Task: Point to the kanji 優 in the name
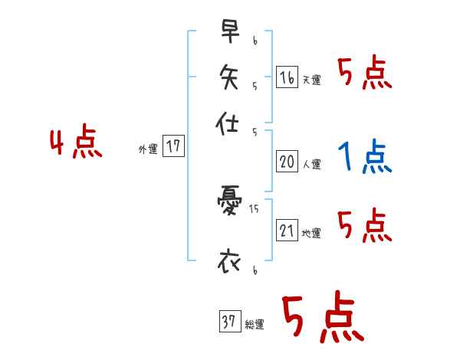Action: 229,205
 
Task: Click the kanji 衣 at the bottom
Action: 229,260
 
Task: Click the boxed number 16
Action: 287,78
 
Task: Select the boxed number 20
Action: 287,162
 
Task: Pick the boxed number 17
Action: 174,147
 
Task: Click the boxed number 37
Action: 228,322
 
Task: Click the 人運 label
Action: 310,164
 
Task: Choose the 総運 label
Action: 254,325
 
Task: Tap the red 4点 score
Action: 76,144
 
